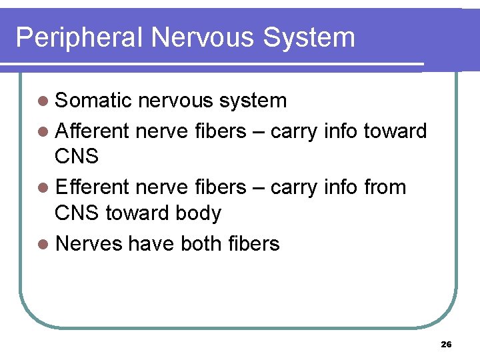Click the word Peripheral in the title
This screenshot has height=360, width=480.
(79, 37)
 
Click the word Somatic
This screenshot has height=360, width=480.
(94, 101)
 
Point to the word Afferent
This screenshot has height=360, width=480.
(93, 131)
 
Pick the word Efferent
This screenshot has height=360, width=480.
(93, 187)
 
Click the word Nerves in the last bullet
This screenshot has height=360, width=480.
(89, 244)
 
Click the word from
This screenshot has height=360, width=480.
(385, 187)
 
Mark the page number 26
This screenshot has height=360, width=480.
(447, 345)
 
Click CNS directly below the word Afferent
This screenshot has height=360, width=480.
(77, 157)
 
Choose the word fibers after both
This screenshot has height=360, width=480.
(256, 244)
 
